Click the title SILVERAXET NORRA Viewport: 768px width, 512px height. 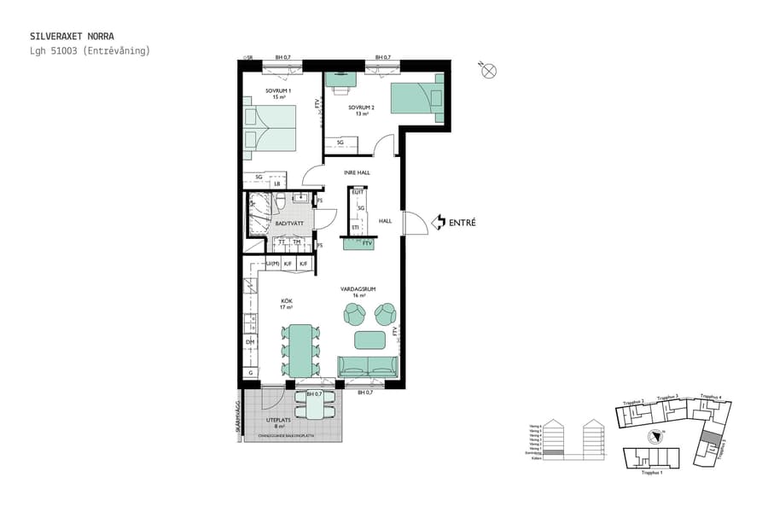point(66,37)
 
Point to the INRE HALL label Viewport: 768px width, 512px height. point(356,172)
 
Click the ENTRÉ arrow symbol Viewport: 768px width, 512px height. point(438,222)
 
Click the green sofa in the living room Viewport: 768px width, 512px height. point(369,367)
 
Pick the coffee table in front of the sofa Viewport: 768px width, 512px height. point(369,340)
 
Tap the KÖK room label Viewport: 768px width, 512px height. point(287,304)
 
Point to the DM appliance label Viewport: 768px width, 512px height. point(251,342)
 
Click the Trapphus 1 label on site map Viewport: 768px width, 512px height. point(651,472)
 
